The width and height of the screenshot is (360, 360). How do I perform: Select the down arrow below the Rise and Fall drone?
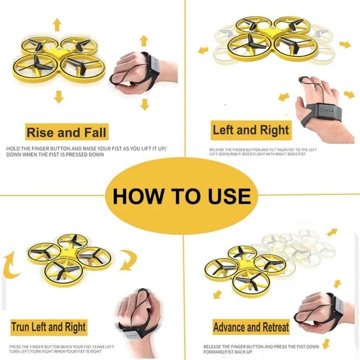click(58, 97)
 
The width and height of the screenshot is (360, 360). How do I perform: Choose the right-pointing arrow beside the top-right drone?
click(344, 44)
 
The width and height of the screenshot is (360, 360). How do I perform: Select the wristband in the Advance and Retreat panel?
click(332, 307)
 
